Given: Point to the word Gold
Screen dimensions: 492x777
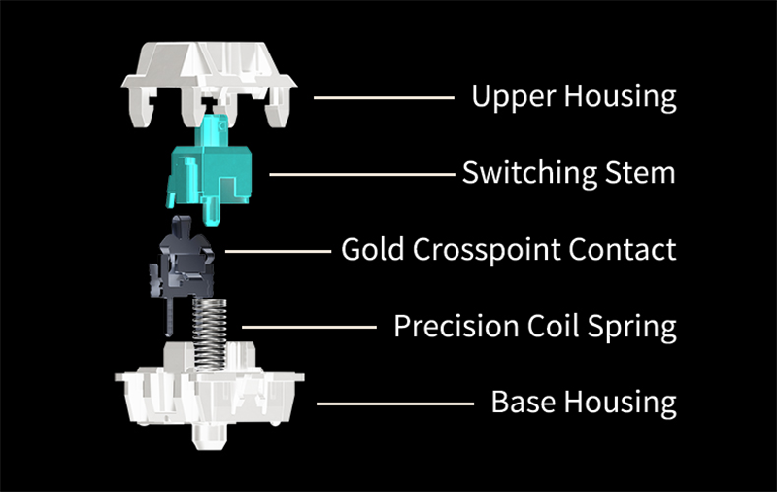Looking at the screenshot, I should pyautogui.click(x=373, y=250).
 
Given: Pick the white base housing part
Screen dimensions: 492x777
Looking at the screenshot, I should pyautogui.click(x=208, y=394).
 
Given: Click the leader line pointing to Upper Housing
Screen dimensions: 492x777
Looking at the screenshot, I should pyautogui.click(x=384, y=97).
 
